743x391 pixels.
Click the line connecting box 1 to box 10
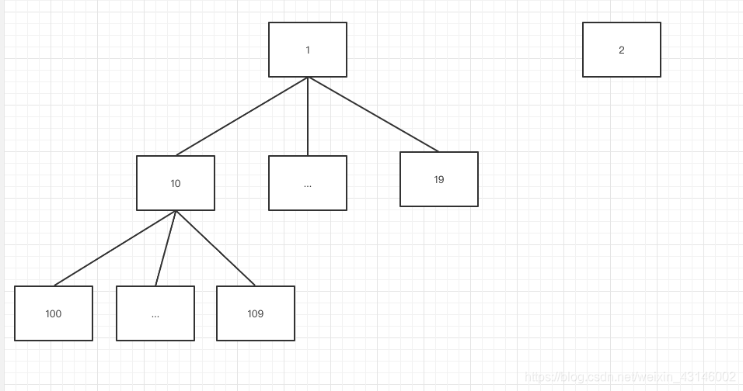pos(242,116)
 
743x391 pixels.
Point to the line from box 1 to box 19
pos(373,114)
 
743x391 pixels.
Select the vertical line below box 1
pos(308,116)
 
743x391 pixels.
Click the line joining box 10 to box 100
pos(115,248)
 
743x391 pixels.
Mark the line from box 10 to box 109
pos(215,248)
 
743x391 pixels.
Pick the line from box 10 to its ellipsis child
pos(166,248)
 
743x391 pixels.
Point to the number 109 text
pos(256,314)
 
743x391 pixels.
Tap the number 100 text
pos(54,314)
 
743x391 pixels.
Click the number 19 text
pos(439,180)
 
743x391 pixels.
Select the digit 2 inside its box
pos(622,50)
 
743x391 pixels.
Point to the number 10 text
pos(176,184)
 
